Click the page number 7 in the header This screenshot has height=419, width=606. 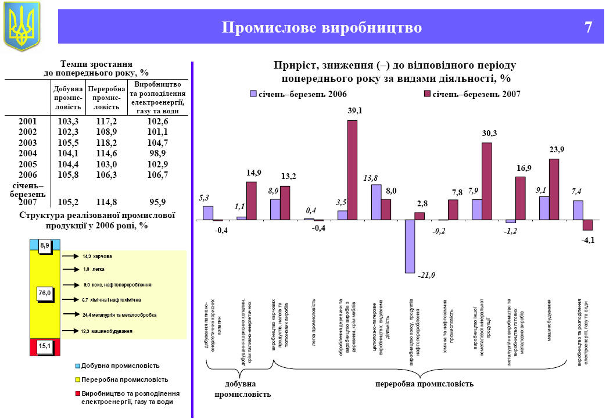[589, 27]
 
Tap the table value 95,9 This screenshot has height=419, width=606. [157, 202]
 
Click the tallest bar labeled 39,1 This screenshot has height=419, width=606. [352, 170]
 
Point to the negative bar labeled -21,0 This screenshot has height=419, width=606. [410, 246]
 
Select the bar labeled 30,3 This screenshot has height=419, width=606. [487, 181]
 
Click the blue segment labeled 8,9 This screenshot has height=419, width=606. [45, 246]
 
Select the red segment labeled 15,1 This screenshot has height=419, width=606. [45, 347]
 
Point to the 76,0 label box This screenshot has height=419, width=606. [45, 294]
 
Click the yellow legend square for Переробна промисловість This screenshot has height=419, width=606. [78, 379]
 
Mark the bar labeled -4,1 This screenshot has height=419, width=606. [587, 225]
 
